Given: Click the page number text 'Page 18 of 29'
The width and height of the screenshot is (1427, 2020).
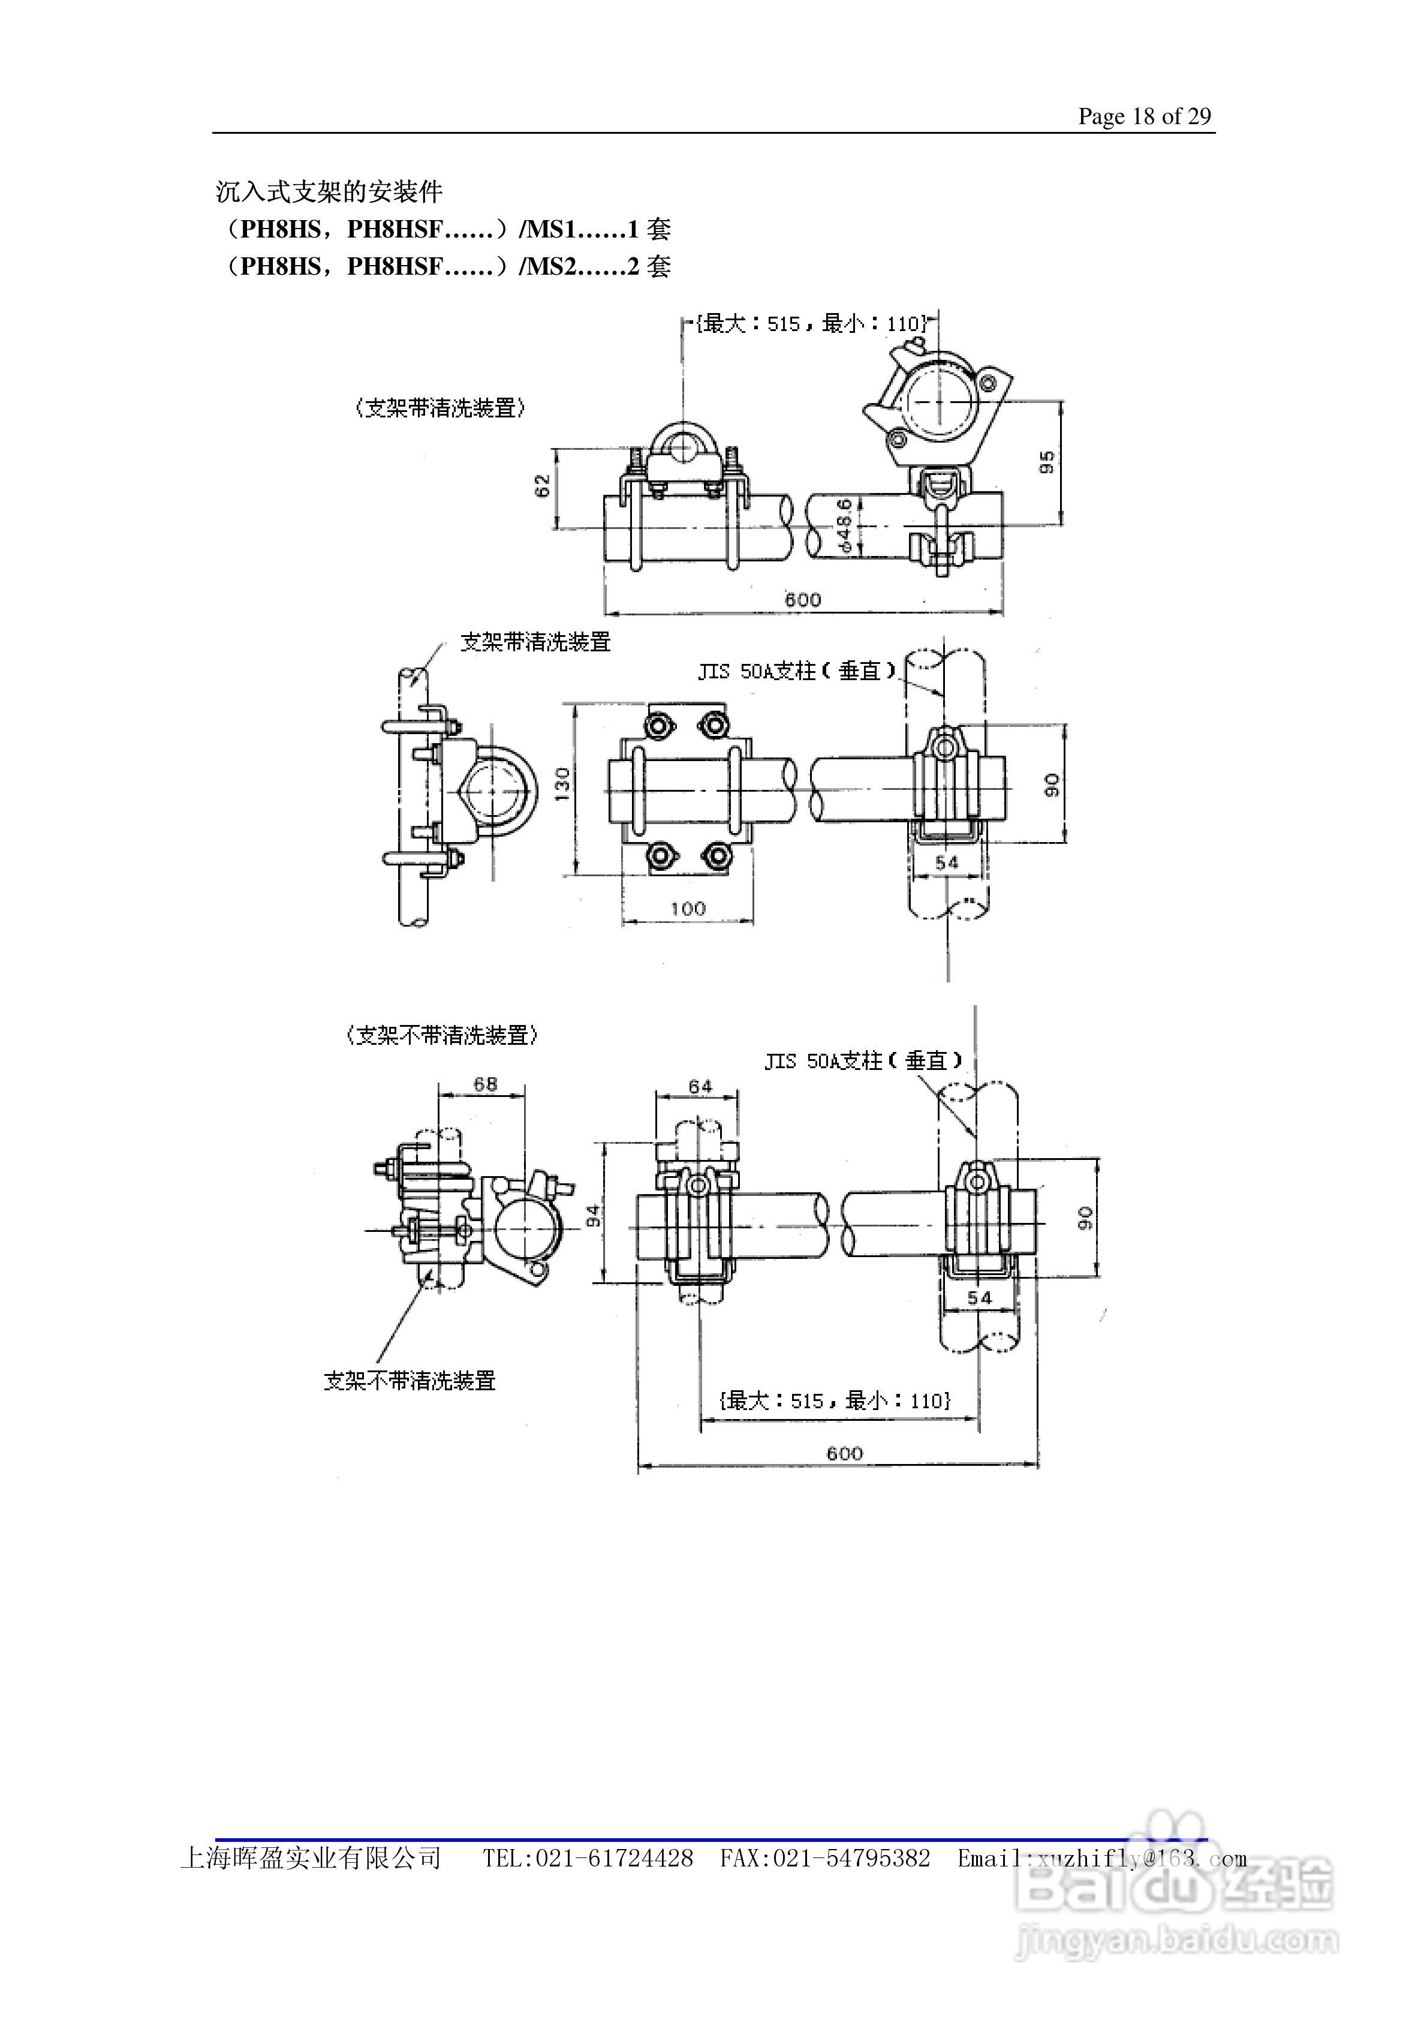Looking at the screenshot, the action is click(x=1145, y=116).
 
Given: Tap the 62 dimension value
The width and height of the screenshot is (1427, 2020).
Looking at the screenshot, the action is click(x=543, y=486).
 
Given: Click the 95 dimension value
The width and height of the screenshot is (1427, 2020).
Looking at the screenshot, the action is click(x=1047, y=462).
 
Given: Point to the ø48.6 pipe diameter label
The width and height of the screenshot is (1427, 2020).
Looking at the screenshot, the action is click(x=843, y=525).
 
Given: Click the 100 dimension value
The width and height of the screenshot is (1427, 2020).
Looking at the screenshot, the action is click(x=688, y=909).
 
